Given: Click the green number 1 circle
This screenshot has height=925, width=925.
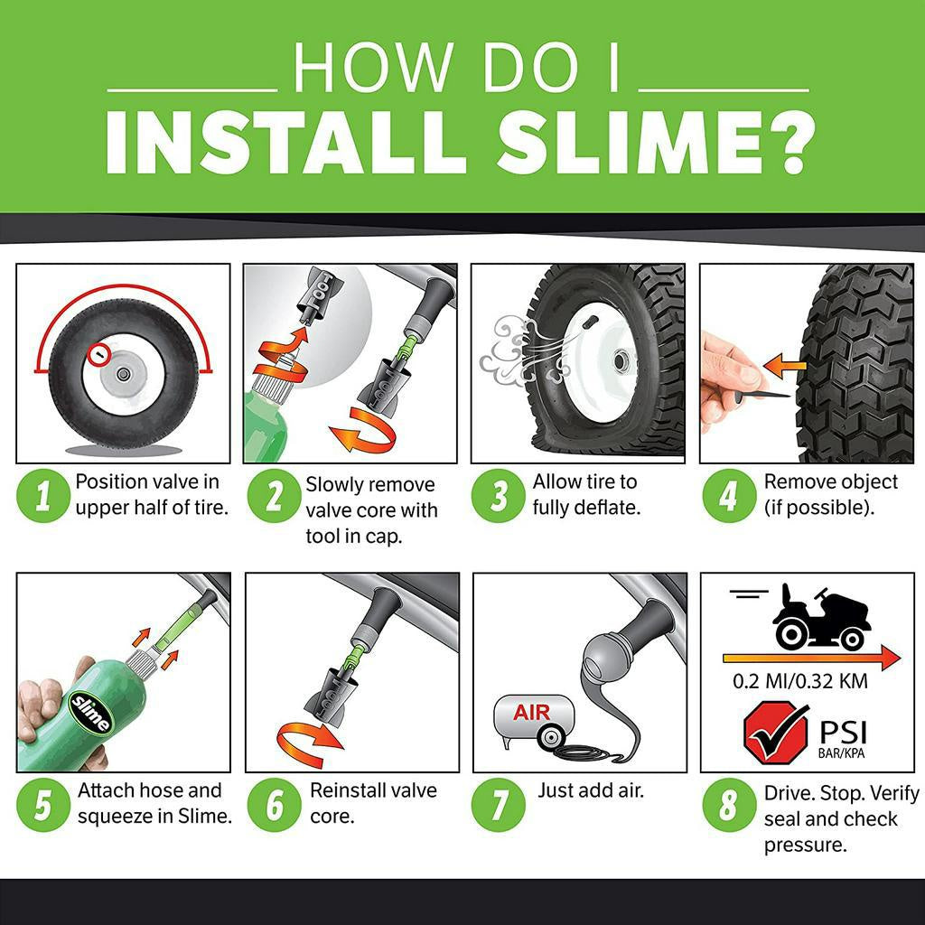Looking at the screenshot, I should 42,495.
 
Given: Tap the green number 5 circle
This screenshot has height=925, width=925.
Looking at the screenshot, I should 42,804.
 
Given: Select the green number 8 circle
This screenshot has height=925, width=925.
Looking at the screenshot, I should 728,804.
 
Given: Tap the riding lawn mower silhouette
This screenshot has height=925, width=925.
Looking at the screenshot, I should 821,617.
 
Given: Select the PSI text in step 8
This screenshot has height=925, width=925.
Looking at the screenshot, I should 841,729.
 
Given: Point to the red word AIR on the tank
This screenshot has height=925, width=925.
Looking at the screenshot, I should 531,714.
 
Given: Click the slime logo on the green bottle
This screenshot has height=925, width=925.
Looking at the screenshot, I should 91,713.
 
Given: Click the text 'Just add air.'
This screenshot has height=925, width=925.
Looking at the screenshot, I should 591,790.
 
